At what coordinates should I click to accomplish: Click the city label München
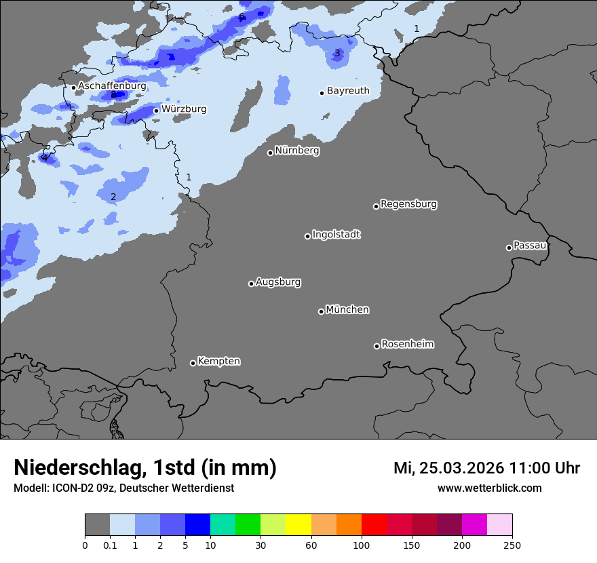point(347,310)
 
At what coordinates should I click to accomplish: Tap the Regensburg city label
point(408,204)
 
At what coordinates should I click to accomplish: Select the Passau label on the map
point(530,246)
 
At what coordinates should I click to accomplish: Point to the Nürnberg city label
point(296,151)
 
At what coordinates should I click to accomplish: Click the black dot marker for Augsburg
point(251,284)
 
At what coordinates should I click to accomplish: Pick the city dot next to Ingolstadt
point(307,236)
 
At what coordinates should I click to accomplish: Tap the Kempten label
point(218,362)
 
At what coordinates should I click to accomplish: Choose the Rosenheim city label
point(407,345)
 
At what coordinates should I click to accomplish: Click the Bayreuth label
point(348,91)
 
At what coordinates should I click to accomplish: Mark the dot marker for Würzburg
point(156,111)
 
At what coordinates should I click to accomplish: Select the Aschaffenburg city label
point(112,86)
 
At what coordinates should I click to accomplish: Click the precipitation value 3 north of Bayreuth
point(337,53)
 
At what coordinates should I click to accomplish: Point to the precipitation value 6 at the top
point(242,16)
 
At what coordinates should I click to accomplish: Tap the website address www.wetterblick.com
point(489,488)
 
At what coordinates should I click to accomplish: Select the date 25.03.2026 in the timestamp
point(461,467)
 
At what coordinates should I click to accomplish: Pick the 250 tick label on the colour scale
point(512,545)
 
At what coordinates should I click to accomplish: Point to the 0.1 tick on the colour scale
point(109,545)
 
